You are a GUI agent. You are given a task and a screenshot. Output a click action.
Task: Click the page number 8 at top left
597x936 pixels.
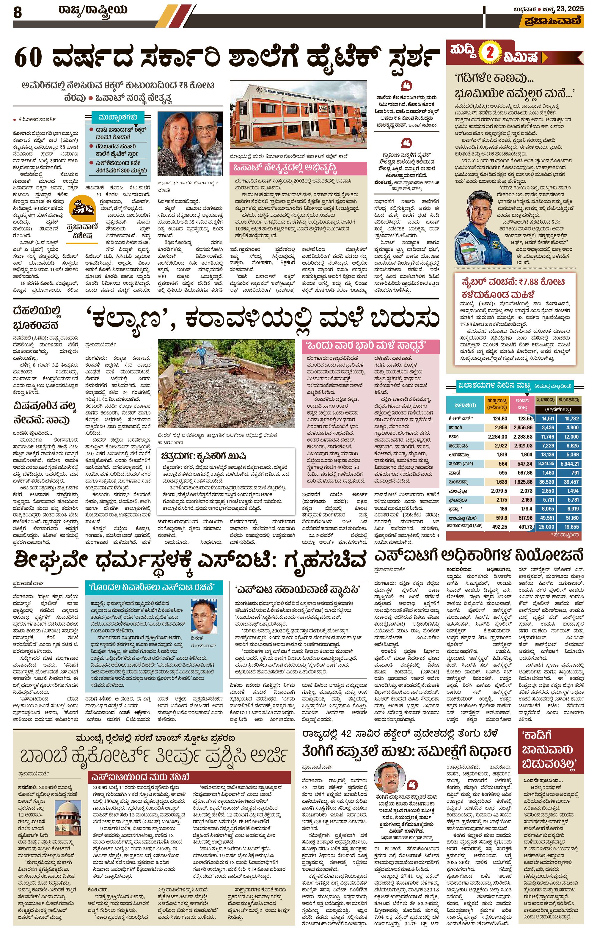[18, 13]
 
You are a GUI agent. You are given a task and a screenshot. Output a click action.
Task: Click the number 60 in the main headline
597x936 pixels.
[28, 57]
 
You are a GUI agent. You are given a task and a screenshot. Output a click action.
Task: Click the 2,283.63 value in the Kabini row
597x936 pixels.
[522, 436]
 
